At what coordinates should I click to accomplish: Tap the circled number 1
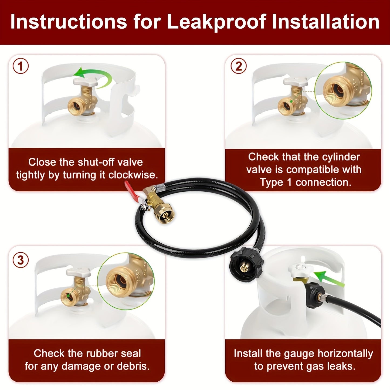click(21, 66)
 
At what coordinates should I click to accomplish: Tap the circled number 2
click(238, 66)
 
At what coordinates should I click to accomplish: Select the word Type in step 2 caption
click(272, 182)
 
